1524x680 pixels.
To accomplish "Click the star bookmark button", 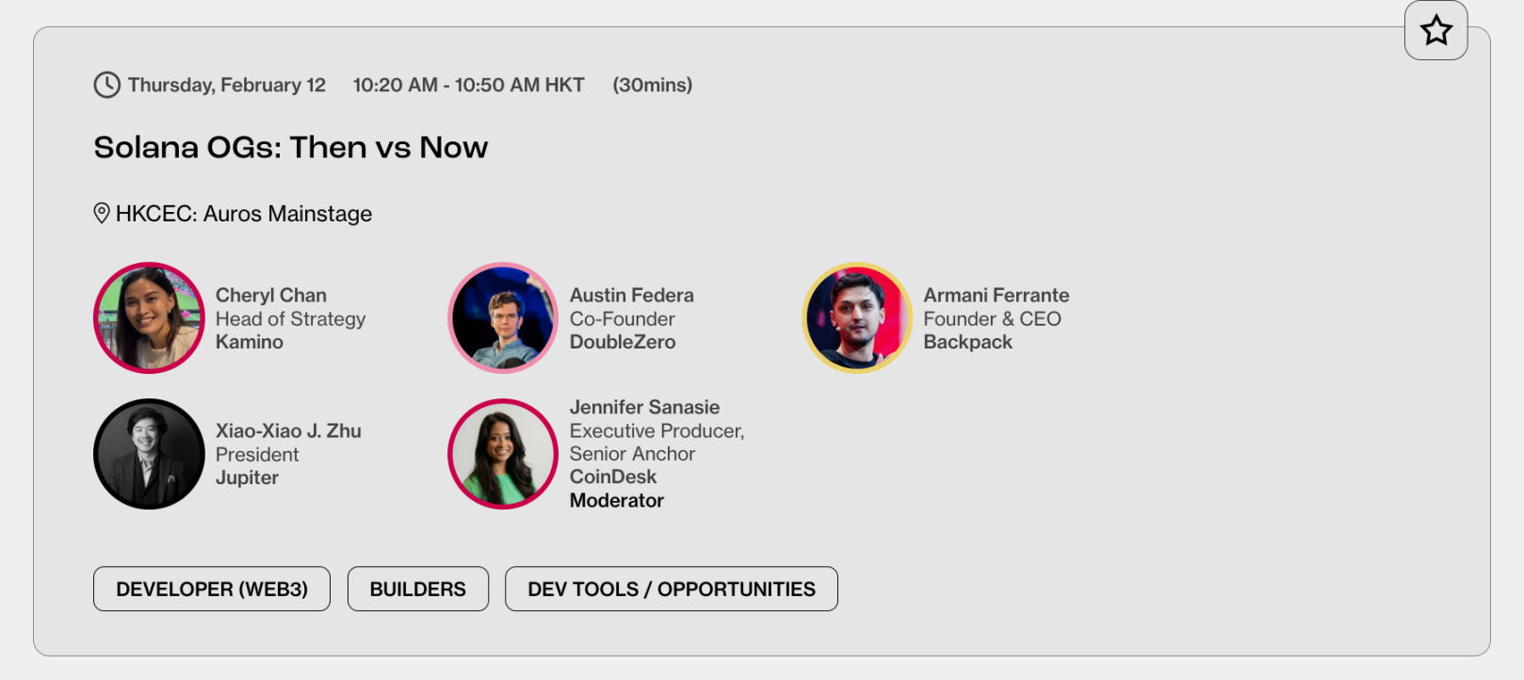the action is tap(1435, 30).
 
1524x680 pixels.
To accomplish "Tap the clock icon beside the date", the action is tap(106, 85).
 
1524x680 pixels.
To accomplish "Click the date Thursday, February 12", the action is tap(227, 85).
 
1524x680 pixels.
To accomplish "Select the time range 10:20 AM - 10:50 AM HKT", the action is tap(468, 85).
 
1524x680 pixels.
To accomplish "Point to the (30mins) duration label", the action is tap(652, 85).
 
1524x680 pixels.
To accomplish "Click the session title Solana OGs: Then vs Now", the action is tap(290, 148).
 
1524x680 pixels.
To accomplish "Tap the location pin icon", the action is tap(102, 214).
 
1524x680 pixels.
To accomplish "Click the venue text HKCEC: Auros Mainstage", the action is tap(244, 214).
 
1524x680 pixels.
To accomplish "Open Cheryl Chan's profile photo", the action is tap(149, 317).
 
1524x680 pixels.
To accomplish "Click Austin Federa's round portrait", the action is tap(503, 317).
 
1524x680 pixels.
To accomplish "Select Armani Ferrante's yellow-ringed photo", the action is tap(857, 317).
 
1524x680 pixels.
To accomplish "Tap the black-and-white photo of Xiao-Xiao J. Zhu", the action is tap(149, 454).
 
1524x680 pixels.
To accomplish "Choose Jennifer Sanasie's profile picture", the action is tap(503, 454).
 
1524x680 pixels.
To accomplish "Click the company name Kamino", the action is tap(249, 342).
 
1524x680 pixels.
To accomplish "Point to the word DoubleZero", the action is tap(623, 342).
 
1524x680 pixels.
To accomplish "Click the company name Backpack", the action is tap(967, 342).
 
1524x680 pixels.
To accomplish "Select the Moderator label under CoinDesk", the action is tap(616, 500).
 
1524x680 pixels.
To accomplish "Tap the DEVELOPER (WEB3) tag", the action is tap(212, 589).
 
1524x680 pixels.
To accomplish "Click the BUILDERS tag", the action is tap(418, 589).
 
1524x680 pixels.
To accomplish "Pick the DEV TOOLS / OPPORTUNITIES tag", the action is tap(672, 589).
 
